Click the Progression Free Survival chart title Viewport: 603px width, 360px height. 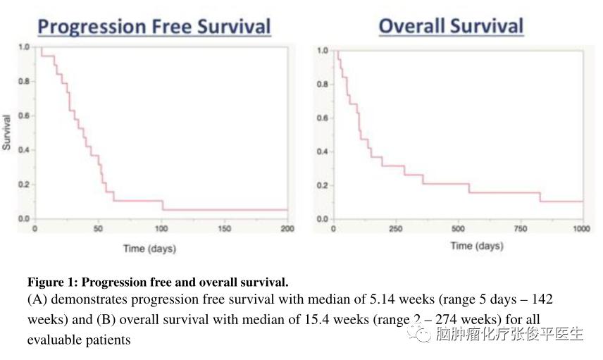pos(154,27)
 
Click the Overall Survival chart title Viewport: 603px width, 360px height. pos(451,26)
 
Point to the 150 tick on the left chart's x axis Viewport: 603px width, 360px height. pos(225,229)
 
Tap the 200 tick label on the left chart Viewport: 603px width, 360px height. pos(287,229)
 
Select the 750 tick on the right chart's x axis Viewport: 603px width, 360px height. pos(519,230)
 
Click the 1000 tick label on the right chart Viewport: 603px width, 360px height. pos(580,230)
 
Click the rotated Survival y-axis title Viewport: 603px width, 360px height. pos(7,132)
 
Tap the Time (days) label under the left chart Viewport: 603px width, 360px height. pos(149,249)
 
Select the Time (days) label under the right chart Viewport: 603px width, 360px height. pos(477,246)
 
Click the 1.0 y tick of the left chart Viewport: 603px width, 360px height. pos(23,47)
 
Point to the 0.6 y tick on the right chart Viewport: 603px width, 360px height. pos(323,118)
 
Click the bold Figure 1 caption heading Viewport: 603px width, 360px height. pos(158,283)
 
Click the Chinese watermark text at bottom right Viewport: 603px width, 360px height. pos(509,334)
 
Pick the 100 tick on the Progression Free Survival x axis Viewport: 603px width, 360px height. pos(161,229)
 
